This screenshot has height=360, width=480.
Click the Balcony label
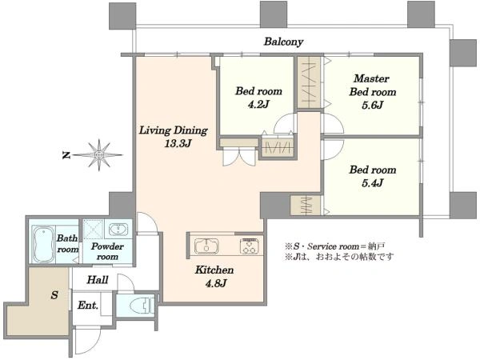283,42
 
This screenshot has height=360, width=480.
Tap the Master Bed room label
373,85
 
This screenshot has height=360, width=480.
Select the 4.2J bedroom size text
258,105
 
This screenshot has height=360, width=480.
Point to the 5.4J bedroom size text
373,183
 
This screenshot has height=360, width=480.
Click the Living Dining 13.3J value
178,143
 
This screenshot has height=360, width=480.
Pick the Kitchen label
214,270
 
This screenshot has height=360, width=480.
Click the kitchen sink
206,246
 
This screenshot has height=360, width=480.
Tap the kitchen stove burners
250,246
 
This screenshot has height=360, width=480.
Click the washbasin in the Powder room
118,229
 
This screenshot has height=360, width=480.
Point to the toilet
142,306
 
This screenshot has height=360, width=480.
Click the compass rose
98,155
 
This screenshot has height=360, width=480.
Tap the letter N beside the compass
66,155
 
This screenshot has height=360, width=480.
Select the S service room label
54,295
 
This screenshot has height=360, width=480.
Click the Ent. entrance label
88,306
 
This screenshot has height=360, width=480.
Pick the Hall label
98,280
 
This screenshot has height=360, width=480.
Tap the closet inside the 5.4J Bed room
306,205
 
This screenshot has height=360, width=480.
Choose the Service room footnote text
335,246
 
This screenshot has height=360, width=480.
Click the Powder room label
107,251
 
